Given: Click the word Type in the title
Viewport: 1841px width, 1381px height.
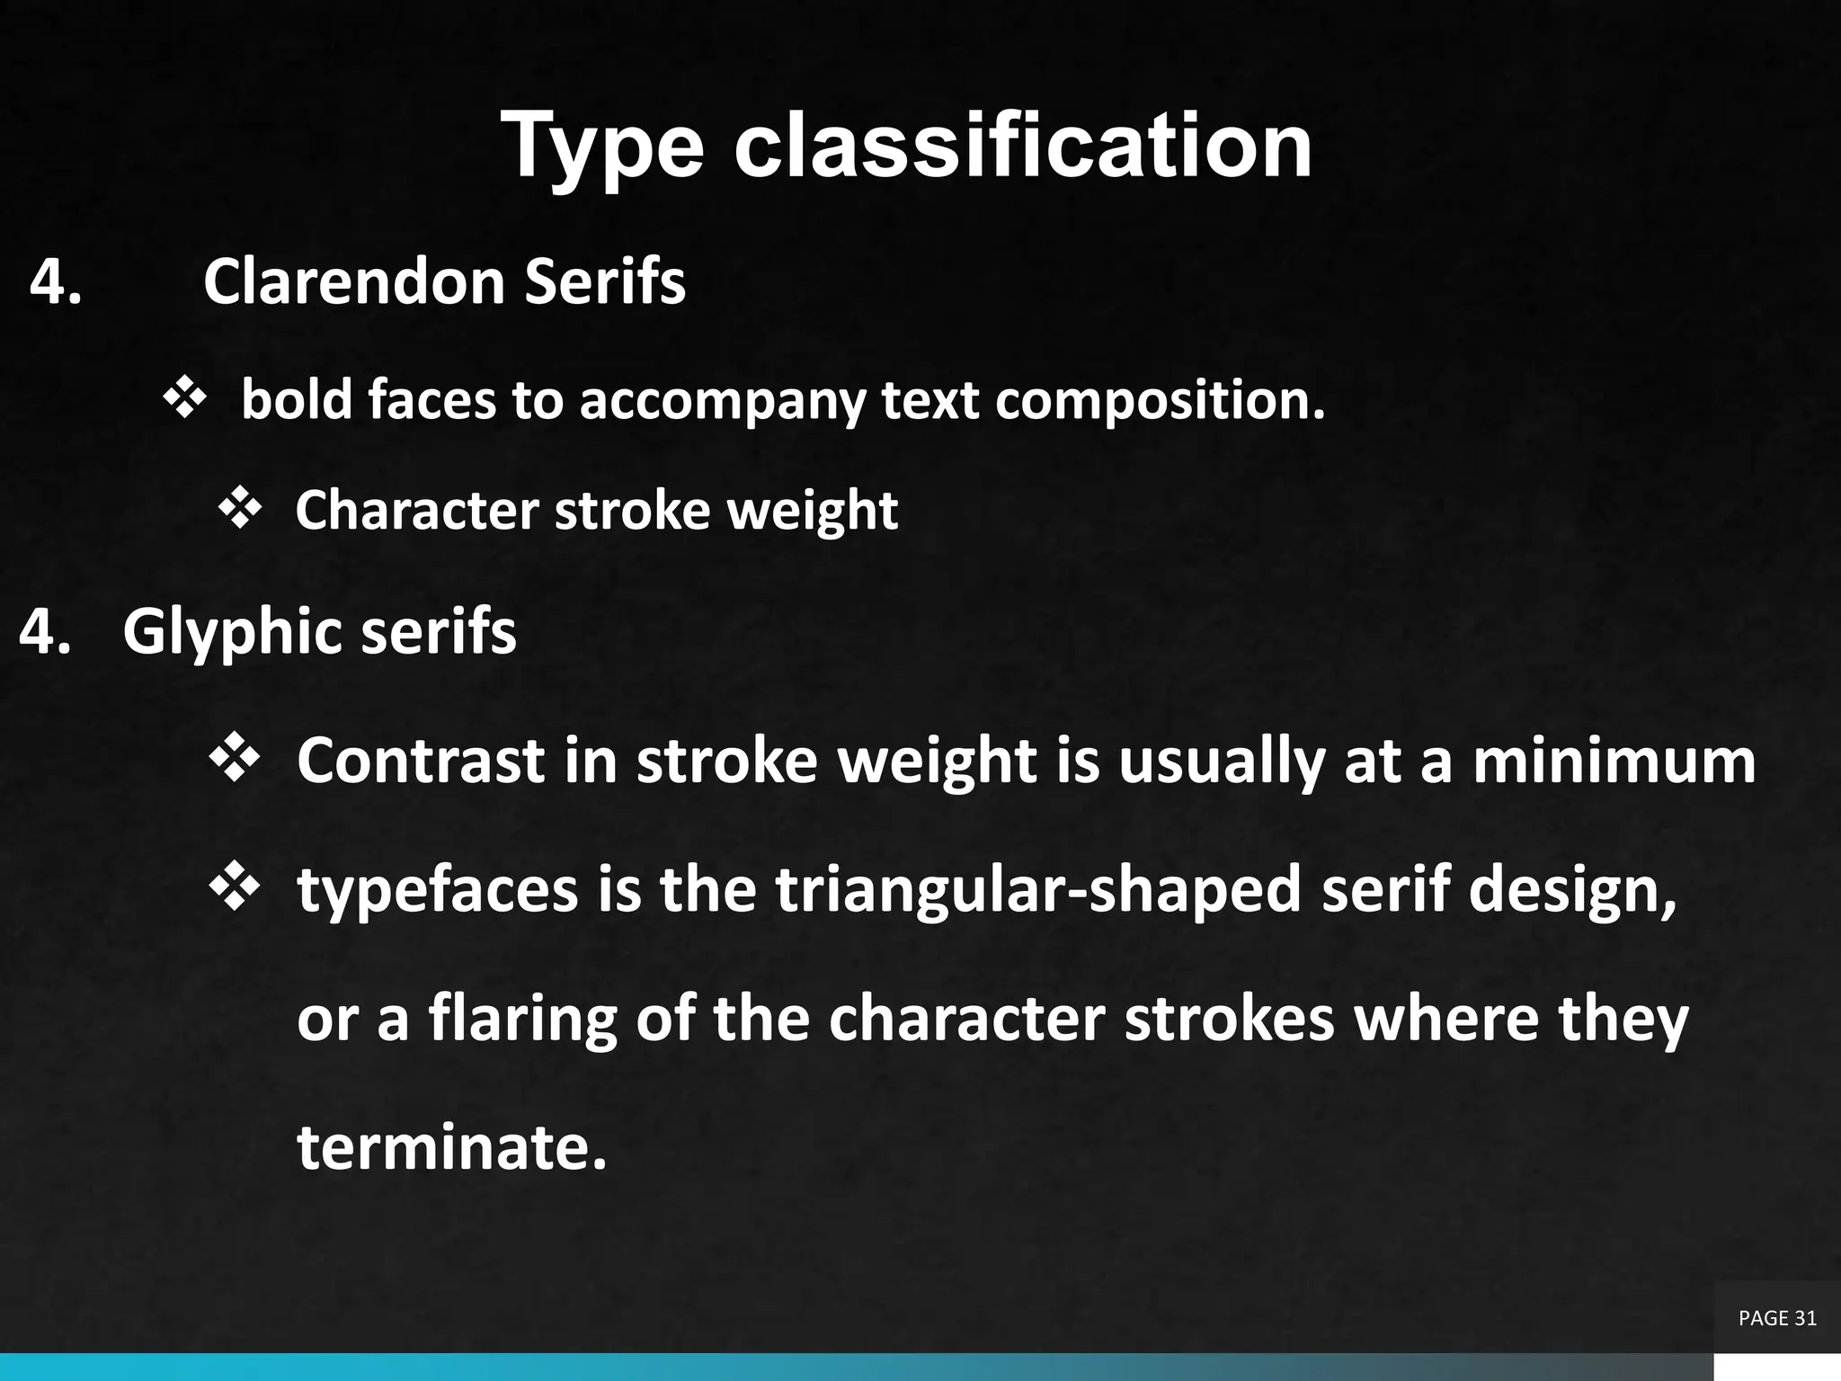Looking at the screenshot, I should tap(602, 147).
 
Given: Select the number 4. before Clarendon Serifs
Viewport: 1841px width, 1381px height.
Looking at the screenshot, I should tap(56, 281).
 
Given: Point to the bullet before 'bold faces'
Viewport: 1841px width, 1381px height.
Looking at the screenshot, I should tap(184, 399).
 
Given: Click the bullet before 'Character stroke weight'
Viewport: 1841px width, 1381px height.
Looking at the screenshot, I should tap(239, 510).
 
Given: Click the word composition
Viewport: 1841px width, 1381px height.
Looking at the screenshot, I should tap(1160, 401).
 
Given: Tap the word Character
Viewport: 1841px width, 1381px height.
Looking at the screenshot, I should tap(416, 510).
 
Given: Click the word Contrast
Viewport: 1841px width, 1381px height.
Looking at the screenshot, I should tap(421, 761).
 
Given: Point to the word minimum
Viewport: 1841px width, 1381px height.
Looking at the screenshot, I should tap(1614, 761).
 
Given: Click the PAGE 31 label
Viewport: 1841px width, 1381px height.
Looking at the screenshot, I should tap(1777, 1318).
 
